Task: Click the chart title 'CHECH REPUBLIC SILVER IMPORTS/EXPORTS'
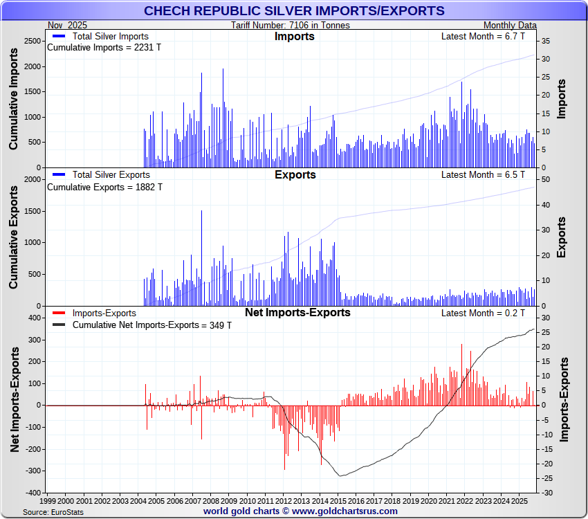pyautogui.click(x=294, y=10)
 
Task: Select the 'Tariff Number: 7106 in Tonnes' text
pyautogui.click(x=291, y=26)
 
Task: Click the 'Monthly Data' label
pyautogui.click(x=508, y=26)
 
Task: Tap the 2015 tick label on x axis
pyautogui.click(x=339, y=500)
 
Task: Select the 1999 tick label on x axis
pyautogui.click(x=48, y=500)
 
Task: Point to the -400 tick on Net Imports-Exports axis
pyautogui.click(x=30, y=493)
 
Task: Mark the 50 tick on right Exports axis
pyautogui.click(x=545, y=180)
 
